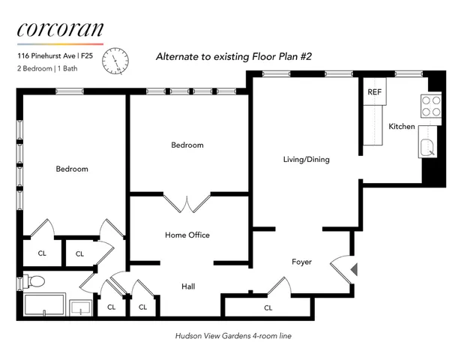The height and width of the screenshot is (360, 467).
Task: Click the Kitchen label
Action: [x=401, y=127]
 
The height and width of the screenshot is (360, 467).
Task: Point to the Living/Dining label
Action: [x=306, y=160]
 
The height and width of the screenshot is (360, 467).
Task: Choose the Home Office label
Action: [x=187, y=235]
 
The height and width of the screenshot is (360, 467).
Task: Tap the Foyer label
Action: [x=301, y=262]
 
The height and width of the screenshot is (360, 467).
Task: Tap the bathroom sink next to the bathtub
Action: [x=80, y=307]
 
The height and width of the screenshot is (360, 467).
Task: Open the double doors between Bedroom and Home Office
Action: [x=187, y=203]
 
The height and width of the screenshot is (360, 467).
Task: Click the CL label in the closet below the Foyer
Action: [x=268, y=307]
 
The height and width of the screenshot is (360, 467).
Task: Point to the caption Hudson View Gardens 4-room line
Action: [x=232, y=336]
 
